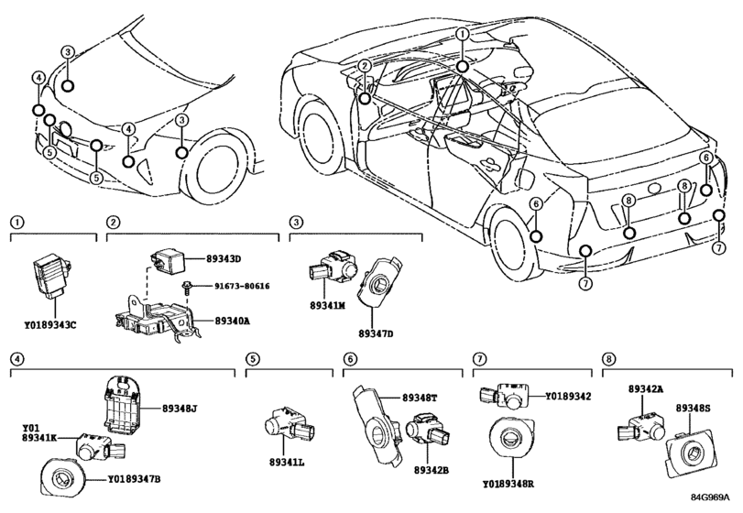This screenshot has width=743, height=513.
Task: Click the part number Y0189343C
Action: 50,325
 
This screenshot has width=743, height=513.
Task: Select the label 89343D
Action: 224,259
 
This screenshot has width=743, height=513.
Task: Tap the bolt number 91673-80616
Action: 242,286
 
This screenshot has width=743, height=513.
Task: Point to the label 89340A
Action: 232,321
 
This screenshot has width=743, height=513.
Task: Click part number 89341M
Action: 327,306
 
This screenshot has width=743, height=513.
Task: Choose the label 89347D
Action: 376,334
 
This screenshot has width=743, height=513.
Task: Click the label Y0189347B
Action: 134,480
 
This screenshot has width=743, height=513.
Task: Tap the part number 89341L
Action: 286,462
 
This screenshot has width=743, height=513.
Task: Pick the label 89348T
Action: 421,398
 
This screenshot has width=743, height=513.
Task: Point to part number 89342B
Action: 432,470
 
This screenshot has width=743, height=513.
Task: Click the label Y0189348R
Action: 508,485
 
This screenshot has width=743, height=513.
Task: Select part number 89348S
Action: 694,408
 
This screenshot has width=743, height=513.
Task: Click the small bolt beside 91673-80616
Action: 188,288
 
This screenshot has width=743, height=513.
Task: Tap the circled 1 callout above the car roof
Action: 463,34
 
